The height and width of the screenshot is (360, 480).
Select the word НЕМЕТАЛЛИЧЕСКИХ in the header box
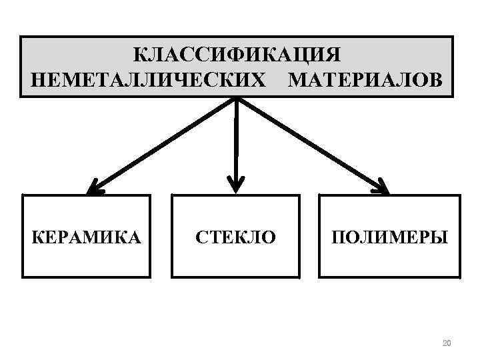pyautogui.click(x=147, y=79)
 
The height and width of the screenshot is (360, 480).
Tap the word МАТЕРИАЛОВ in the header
pyautogui.click(x=364, y=79)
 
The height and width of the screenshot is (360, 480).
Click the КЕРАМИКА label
pyautogui.click(x=87, y=237)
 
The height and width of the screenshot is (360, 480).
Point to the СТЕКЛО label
pyautogui.click(x=235, y=237)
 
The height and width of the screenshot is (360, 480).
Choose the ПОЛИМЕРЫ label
pyautogui.click(x=390, y=237)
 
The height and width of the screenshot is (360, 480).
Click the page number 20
pyautogui.click(x=447, y=343)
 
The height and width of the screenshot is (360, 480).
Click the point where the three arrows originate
pyautogui.click(x=237, y=99)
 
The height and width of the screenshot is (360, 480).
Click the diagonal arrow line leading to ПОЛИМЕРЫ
pyautogui.click(x=310, y=144)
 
